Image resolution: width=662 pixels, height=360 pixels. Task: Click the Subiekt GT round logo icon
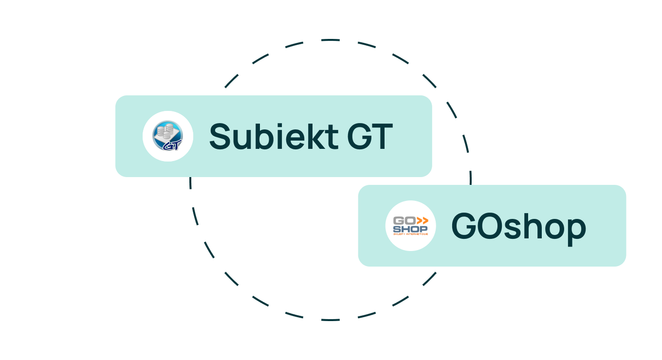(168, 136)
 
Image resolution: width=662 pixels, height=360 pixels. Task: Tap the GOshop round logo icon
(410, 226)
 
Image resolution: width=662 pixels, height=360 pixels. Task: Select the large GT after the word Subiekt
(369, 137)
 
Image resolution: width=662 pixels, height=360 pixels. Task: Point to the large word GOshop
(518, 227)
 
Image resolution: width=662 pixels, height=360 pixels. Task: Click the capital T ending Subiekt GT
(383, 137)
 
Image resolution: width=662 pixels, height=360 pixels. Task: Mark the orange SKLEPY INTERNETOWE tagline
(410, 234)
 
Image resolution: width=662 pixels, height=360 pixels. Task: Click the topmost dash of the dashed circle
(331, 40)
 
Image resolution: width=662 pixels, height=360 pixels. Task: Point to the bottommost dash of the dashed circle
(331, 320)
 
